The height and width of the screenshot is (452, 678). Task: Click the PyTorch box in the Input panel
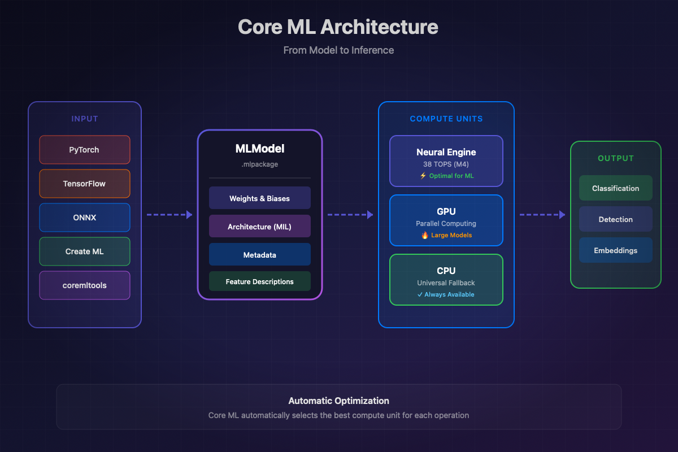coord(85,150)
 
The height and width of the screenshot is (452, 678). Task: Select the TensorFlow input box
coord(85,184)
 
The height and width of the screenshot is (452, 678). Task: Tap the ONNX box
coord(85,218)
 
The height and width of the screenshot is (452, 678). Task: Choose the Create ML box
coord(85,251)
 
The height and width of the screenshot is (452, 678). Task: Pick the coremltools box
coord(85,285)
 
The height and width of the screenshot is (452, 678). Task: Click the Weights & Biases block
coord(259,198)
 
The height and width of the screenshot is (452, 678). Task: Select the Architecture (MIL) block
coord(259,227)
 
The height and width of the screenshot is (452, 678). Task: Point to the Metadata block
coord(259,255)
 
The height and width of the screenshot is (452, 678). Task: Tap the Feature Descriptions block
coord(259,281)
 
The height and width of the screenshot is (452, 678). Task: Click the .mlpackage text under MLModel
coord(259,164)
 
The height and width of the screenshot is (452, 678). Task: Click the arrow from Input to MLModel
coord(169,215)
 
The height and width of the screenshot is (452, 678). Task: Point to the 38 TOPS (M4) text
coord(446,164)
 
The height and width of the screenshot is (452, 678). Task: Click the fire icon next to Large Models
coord(425,235)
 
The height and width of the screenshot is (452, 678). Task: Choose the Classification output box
coord(615,188)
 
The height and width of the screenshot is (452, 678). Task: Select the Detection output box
coord(615,219)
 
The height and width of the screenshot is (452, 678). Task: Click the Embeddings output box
coord(615,250)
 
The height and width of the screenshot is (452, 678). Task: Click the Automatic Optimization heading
coord(338,401)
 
